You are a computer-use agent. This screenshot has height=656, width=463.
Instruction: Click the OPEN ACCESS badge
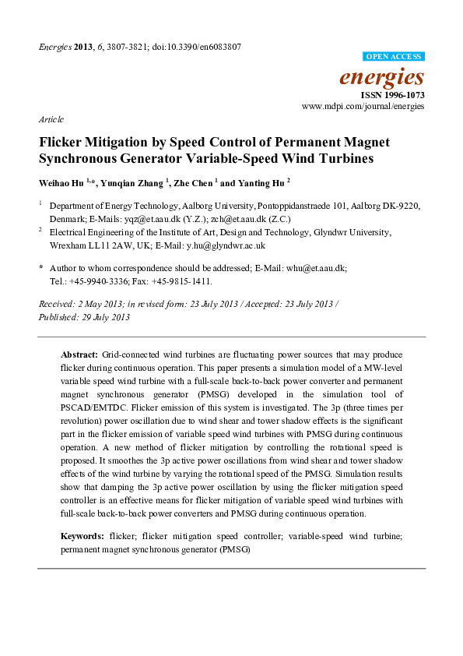[394, 57]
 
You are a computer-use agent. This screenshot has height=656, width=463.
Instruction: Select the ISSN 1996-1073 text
[392, 94]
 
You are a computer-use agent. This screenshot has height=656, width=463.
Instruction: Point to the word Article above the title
[51, 119]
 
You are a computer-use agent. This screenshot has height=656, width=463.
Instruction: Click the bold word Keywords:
[82, 537]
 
